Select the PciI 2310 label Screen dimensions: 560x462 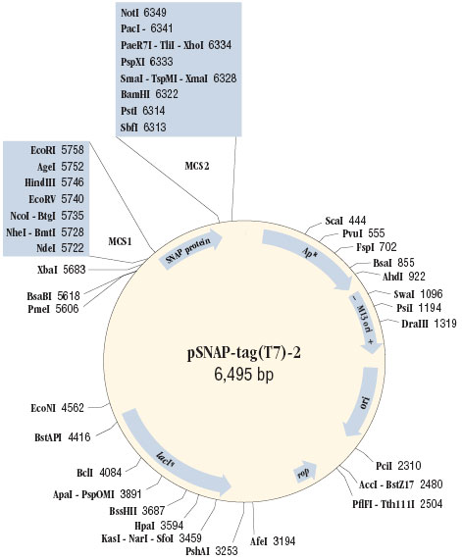(x=383, y=457)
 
